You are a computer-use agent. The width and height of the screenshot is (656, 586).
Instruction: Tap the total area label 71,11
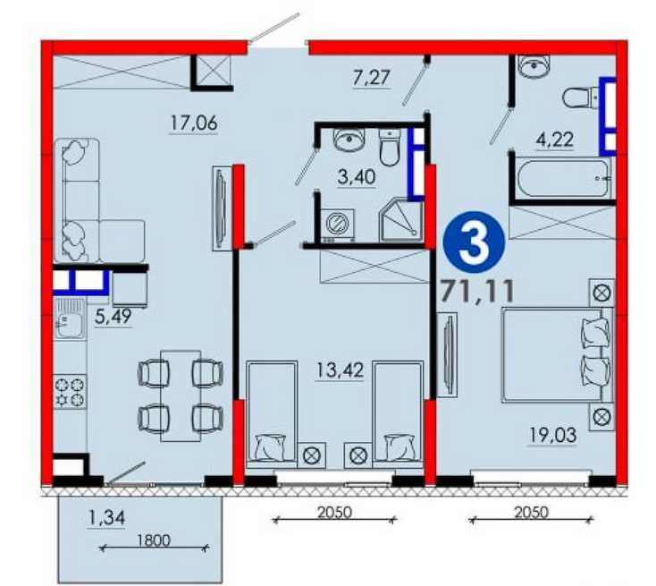click(x=477, y=291)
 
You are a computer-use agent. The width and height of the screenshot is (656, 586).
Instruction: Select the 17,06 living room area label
click(x=194, y=123)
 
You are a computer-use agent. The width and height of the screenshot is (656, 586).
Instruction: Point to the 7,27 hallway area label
click(x=372, y=79)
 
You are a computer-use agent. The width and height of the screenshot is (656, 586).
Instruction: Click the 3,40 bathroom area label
click(x=357, y=177)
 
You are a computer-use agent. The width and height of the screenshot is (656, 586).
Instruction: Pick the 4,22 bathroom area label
click(x=554, y=139)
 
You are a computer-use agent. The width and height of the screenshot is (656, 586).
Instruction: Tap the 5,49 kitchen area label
click(x=113, y=317)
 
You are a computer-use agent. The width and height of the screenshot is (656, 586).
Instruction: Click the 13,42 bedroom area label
click(x=340, y=370)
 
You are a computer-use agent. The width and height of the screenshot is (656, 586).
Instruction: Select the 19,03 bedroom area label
click(x=552, y=436)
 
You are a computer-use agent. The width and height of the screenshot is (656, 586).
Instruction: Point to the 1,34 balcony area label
click(x=106, y=519)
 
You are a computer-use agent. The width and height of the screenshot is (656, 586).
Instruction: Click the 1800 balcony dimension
click(x=154, y=540)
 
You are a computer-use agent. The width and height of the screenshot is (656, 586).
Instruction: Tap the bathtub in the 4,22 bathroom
click(x=563, y=178)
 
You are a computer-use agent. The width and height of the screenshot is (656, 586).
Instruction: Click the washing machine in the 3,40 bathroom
click(x=338, y=224)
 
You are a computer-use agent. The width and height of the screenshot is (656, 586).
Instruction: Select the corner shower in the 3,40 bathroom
click(x=399, y=221)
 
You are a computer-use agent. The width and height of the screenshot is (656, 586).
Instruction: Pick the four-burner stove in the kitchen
click(x=70, y=392)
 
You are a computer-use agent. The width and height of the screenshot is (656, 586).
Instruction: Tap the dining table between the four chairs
click(x=181, y=395)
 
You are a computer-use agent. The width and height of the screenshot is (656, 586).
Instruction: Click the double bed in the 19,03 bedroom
click(x=558, y=355)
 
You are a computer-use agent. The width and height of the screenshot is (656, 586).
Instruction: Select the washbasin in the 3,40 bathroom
click(x=349, y=140)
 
